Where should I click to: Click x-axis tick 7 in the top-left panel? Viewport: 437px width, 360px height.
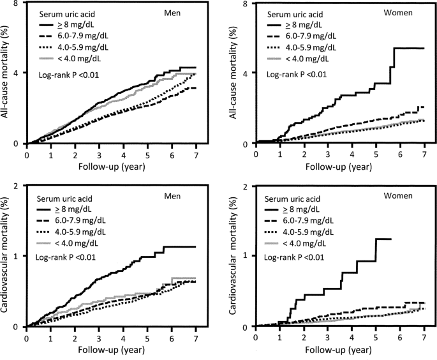tap(195, 154)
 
